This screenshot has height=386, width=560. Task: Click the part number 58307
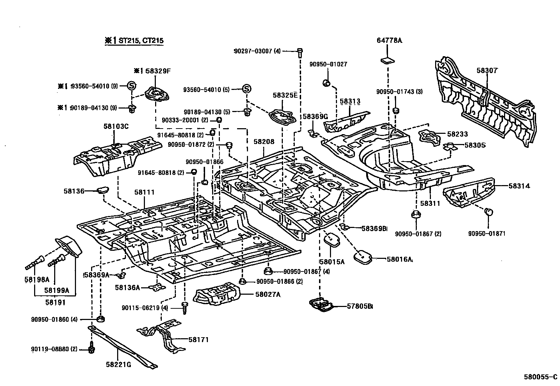point(487,70)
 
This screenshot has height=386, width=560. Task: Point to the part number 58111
point(144,192)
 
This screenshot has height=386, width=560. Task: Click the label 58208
point(264,142)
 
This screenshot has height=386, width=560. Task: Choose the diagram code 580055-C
point(541,377)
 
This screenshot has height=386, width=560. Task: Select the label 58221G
point(118,364)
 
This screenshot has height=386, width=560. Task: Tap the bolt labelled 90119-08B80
point(91,349)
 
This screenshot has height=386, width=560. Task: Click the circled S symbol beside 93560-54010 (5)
point(247,89)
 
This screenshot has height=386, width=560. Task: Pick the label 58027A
point(266,294)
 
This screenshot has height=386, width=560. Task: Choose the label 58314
point(519,186)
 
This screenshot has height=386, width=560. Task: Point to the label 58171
point(198,340)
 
